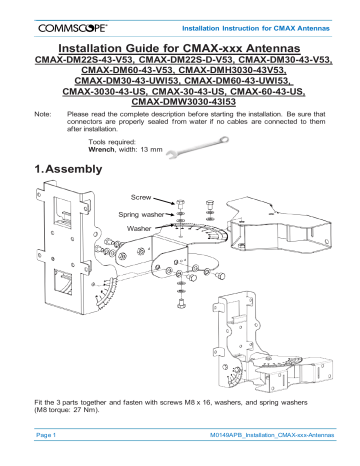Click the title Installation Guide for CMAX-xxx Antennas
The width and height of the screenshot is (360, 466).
click(179, 48)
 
